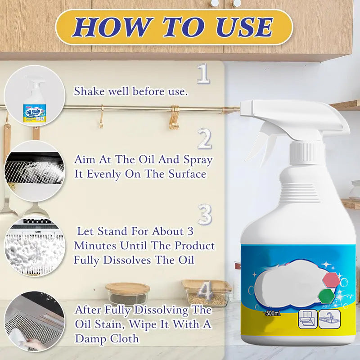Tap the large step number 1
[x=203, y=74]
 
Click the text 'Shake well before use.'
[x=130, y=91]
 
